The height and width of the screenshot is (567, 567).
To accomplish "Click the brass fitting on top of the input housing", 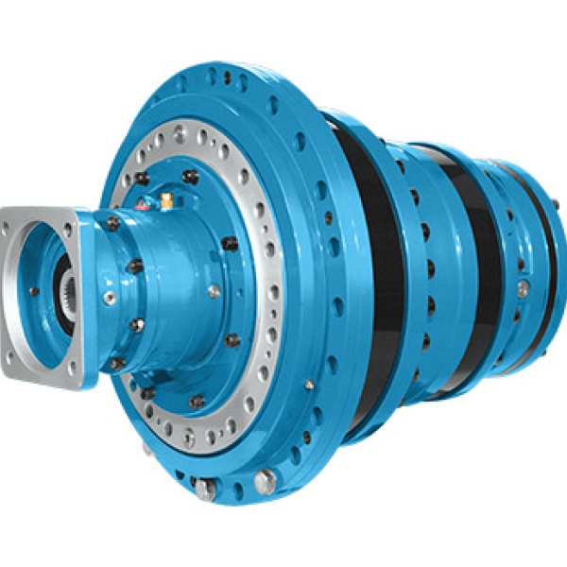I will pyautogui.click(x=165, y=201).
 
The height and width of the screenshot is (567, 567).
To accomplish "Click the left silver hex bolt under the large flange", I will pyautogui.click(x=205, y=489).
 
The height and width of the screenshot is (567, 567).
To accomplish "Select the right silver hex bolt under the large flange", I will pyautogui.click(x=266, y=479).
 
